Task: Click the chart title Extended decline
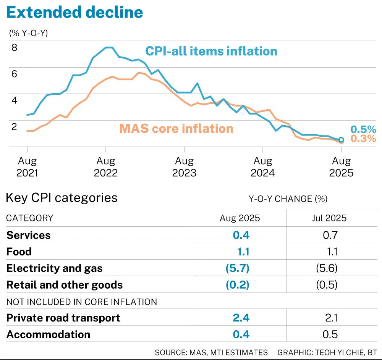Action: point(75,12)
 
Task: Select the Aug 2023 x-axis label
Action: point(184,167)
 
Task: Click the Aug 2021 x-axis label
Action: point(27,167)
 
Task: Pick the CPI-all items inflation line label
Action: point(211,51)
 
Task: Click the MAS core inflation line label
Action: point(176,128)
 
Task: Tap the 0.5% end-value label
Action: point(363,130)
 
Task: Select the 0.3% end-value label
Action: point(363,139)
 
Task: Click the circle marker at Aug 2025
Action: point(341,140)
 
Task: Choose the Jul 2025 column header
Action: point(329,218)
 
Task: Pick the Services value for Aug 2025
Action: point(241,235)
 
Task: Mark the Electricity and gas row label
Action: point(54,268)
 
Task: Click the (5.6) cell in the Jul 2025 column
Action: point(327,268)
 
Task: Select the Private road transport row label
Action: point(63,318)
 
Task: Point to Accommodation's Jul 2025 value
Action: point(330,334)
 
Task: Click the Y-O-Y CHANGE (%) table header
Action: point(288,199)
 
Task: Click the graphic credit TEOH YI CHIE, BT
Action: point(327,352)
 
